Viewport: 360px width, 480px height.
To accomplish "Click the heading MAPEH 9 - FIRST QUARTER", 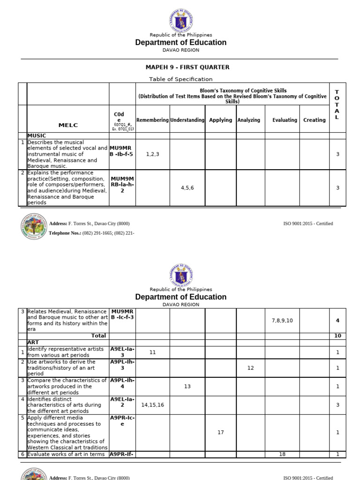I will click(180, 67).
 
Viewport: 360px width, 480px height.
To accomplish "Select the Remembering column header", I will click(152, 120).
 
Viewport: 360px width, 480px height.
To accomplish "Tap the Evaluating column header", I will click(285, 120).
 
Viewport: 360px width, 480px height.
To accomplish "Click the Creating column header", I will click(314, 120).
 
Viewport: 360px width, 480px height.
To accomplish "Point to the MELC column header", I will click(68, 125).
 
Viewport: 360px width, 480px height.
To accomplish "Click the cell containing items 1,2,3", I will click(152, 154).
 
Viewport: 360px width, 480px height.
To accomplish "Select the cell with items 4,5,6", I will click(187, 187).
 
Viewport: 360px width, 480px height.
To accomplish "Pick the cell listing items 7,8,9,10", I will click(282, 320).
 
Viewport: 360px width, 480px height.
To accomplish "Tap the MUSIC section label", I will click(37, 135).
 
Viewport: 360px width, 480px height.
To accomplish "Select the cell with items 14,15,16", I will click(152, 405).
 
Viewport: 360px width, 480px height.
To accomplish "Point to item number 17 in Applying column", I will click(221, 432).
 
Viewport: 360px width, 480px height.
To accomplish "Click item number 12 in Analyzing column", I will click(250, 368).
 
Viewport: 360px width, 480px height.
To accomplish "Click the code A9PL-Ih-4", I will click(122, 383).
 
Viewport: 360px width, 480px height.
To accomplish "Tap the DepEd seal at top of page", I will click(180, 20).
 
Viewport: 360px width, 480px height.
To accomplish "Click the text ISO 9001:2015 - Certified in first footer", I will click(308, 224).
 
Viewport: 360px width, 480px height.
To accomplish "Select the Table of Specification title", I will click(180, 79).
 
